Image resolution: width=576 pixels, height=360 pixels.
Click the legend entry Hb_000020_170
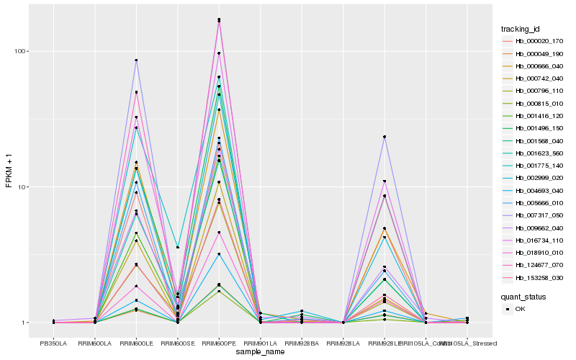tap(539, 41)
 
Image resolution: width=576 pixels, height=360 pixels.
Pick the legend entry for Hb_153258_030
tap(539, 277)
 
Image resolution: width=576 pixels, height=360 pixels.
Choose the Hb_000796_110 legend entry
tap(539, 91)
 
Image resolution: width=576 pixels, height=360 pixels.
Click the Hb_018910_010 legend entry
tap(539, 252)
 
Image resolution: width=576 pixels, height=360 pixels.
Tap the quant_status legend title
tap(524, 296)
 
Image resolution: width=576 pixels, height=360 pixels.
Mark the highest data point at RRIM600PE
tap(219, 19)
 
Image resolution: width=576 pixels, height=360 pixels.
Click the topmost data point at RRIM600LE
tap(137, 60)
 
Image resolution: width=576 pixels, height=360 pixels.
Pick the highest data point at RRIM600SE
tap(178, 248)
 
